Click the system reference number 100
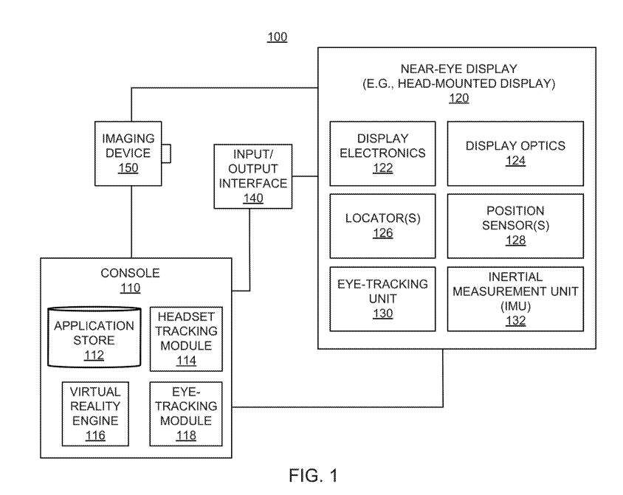(277, 37)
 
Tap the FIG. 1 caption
(313, 475)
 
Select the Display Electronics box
(382, 153)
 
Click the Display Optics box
(515, 153)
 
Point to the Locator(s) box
(382, 226)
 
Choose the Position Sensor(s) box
(515, 226)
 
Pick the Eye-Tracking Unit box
(382, 299)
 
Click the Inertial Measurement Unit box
(515, 299)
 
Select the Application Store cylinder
(94, 337)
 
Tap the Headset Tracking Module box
(186, 339)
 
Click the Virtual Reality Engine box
(95, 414)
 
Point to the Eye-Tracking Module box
(186, 414)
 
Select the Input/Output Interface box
(253, 176)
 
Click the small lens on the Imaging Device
(167, 153)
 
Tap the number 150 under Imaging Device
(128, 168)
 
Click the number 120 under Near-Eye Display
(459, 98)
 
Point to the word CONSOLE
(131, 273)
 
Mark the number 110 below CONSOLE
(131, 288)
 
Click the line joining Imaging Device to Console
(131, 222)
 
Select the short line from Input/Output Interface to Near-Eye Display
(305, 176)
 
